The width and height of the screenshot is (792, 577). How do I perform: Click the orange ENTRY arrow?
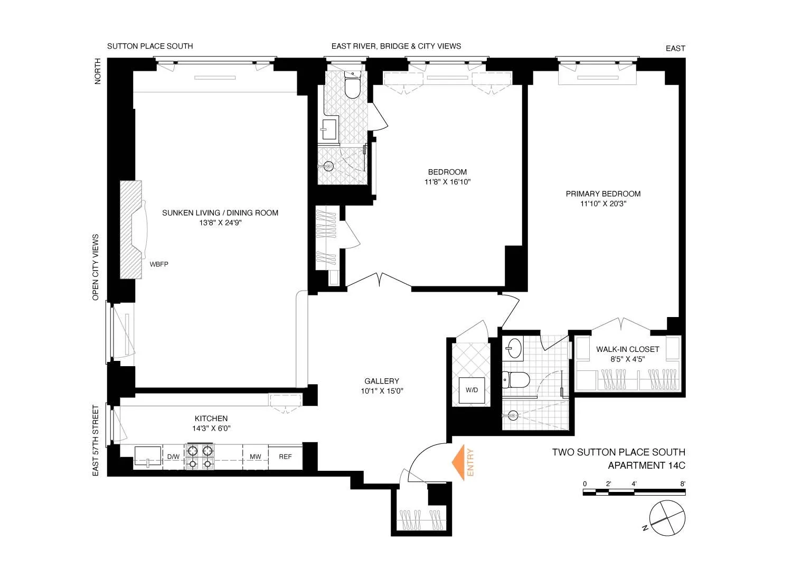[x=458, y=463]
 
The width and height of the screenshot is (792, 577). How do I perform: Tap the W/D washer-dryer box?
[x=472, y=390]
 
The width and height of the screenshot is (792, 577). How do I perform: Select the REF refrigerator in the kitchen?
[x=285, y=457]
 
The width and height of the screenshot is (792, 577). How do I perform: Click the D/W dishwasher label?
[x=173, y=457]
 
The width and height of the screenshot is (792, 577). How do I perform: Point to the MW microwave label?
[x=256, y=457]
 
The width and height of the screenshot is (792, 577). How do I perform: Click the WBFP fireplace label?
[x=159, y=264]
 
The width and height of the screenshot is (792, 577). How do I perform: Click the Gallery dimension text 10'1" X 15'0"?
[x=382, y=392]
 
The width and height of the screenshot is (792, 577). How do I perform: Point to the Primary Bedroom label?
[x=603, y=194]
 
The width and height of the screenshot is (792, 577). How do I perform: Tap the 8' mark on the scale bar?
[x=683, y=484]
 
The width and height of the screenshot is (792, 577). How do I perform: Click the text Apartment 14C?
[x=646, y=466]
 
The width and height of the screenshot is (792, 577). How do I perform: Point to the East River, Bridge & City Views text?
[x=396, y=46]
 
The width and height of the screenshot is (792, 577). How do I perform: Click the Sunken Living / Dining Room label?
[x=220, y=213]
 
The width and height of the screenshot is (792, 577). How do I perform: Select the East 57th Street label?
[x=96, y=441]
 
